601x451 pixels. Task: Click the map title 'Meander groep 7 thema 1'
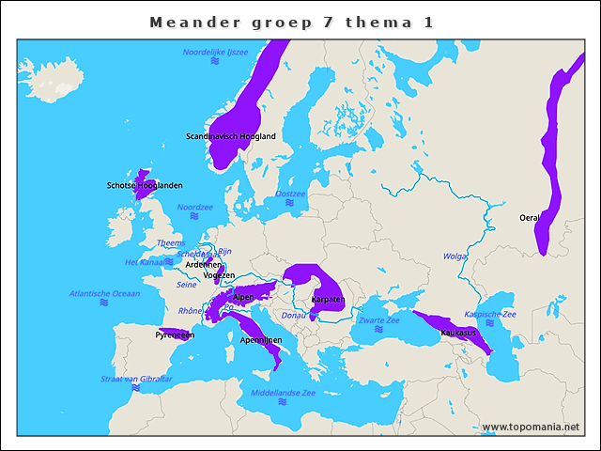tap(291, 22)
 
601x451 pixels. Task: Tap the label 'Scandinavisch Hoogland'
tap(231, 136)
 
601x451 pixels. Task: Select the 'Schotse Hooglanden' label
tap(145, 185)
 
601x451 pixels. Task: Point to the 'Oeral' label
tap(530, 218)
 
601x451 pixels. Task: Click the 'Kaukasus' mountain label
tap(458, 333)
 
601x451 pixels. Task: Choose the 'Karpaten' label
tap(328, 299)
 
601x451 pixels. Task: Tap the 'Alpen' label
tap(243, 297)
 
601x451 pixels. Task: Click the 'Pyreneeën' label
tap(176, 334)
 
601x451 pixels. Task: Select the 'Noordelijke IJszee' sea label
tap(215, 53)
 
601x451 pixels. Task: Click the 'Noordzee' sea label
tap(195, 207)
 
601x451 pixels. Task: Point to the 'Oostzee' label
tap(290, 194)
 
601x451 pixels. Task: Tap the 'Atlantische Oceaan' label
tap(104, 293)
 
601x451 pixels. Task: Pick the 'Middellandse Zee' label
tap(283, 393)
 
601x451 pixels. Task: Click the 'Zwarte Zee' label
tap(378, 320)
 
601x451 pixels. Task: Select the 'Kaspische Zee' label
tap(490, 314)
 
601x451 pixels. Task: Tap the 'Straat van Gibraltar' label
tap(136, 379)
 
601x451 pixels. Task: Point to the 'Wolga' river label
tap(455, 256)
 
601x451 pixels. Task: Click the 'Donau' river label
tap(294, 315)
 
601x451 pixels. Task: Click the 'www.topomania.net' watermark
tap(531, 427)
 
